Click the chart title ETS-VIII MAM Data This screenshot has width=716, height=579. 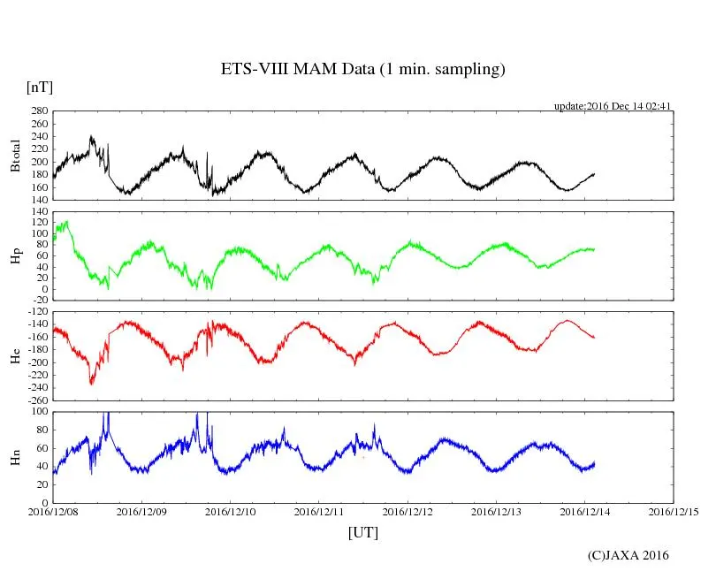pyautogui.click(x=362, y=70)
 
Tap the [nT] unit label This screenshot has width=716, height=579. pyautogui.click(x=39, y=88)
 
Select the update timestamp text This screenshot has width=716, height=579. pyautogui.click(x=613, y=106)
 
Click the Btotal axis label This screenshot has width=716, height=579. pyautogui.click(x=16, y=156)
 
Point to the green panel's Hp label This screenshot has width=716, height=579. pyautogui.click(x=16, y=255)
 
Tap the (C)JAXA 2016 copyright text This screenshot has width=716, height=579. pyautogui.click(x=628, y=555)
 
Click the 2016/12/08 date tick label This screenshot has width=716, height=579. pyautogui.click(x=53, y=512)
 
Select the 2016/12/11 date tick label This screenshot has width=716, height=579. pyautogui.click(x=319, y=512)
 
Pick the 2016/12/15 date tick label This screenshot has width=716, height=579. pyautogui.click(x=674, y=512)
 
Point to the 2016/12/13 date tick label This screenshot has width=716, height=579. pyautogui.click(x=496, y=512)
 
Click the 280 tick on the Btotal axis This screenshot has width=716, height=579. pyautogui.click(x=39, y=111)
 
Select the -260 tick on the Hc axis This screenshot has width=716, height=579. pyautogui.click(x=37, y=400)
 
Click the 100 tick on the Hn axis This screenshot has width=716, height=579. pyautogui.click(x=39, y=412)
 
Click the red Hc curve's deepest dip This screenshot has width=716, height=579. pyautogui.click(x=91, y=383)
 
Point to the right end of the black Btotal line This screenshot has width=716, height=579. pyautogui.click(x=594, y=173)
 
